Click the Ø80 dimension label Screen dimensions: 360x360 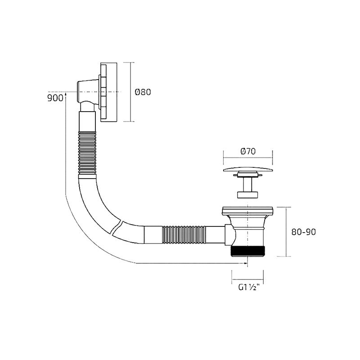[x=143, y=92]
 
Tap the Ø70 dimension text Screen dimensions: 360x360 [x=247, y=152]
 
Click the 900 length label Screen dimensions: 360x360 [x=54, y=98]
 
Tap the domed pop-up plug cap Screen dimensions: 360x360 [x=247, y=170]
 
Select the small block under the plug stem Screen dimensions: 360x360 [x=247, y=194]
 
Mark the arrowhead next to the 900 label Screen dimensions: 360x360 [x=66, y=94]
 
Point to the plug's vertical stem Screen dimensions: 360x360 [x=247, y=184]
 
